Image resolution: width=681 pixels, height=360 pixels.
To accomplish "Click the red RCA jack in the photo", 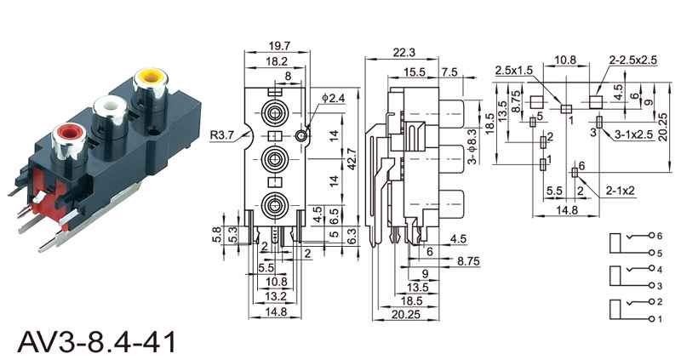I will (67, 134).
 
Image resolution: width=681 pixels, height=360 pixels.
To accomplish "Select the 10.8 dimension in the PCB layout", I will (565, 61).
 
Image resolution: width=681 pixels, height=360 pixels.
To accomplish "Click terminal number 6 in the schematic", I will (657, 233).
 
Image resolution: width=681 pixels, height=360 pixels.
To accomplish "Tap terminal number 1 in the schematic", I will (657, 318).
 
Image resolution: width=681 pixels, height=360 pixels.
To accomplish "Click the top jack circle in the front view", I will (275, 113).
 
